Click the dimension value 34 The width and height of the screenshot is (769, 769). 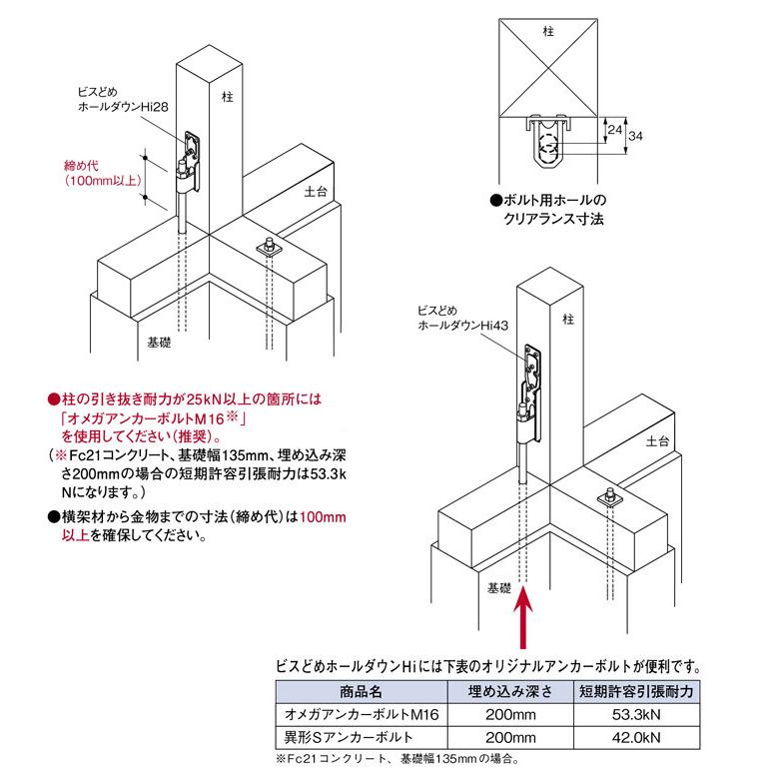635,136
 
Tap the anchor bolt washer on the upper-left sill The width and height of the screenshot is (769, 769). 270,246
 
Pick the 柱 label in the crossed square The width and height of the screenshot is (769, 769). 547,33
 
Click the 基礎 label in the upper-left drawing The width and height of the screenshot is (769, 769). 159,342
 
